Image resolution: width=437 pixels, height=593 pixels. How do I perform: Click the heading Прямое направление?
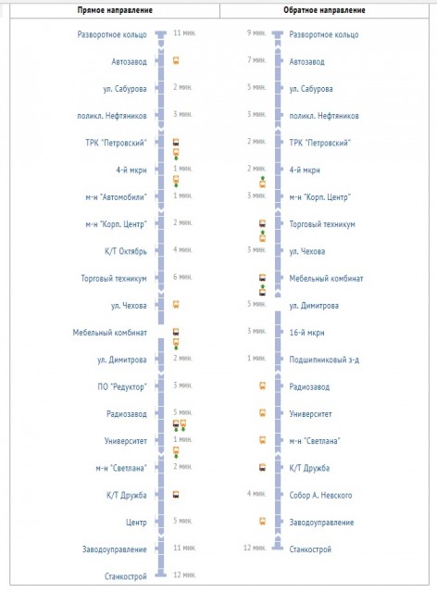pyautogui.click(x=110, y=10)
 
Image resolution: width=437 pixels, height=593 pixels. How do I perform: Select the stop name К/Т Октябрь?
pyautogui.click(x=124, y=251)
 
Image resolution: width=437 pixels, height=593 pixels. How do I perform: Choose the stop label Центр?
pyautogui.click(x=137, y=522)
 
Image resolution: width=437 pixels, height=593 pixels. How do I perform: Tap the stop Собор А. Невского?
pyautogui.click(x=322, y=495)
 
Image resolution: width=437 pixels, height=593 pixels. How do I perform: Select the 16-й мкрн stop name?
pyautogui.click(x=307, y=332)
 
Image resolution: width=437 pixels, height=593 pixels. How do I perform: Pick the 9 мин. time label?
pyautogui.click(x=256, y=33)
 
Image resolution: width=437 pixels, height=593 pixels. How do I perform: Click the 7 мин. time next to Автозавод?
pyautogui.click(x=256, y=60)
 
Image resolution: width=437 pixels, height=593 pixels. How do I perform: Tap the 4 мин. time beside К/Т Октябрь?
pyautogui.click(x=182, y=250)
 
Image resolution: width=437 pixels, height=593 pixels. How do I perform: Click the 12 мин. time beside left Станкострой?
pyautogui.click(x=183, y=575)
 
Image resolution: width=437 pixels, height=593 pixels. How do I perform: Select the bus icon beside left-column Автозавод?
pyautogui.click(x=176, y=60)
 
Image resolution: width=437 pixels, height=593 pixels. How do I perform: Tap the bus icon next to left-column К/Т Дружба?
pyautogui.click(x=176, y=495)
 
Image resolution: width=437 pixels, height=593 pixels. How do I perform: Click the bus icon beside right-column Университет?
pyautogui.click(x=262, y=413)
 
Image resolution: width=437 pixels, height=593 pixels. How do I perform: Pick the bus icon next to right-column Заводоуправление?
pyautogui.click(x=262, y=522)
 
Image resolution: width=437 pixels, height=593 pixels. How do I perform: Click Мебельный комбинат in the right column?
pyautogui.click(x=326, y=278)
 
